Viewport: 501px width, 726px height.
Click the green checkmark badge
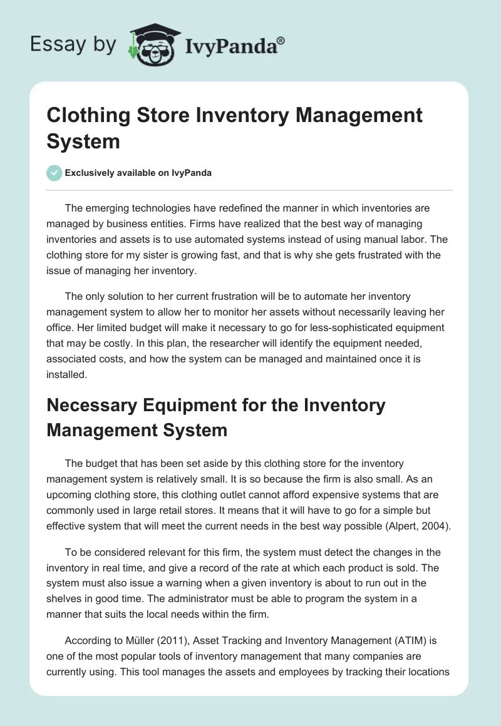(x=54, y=173)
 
